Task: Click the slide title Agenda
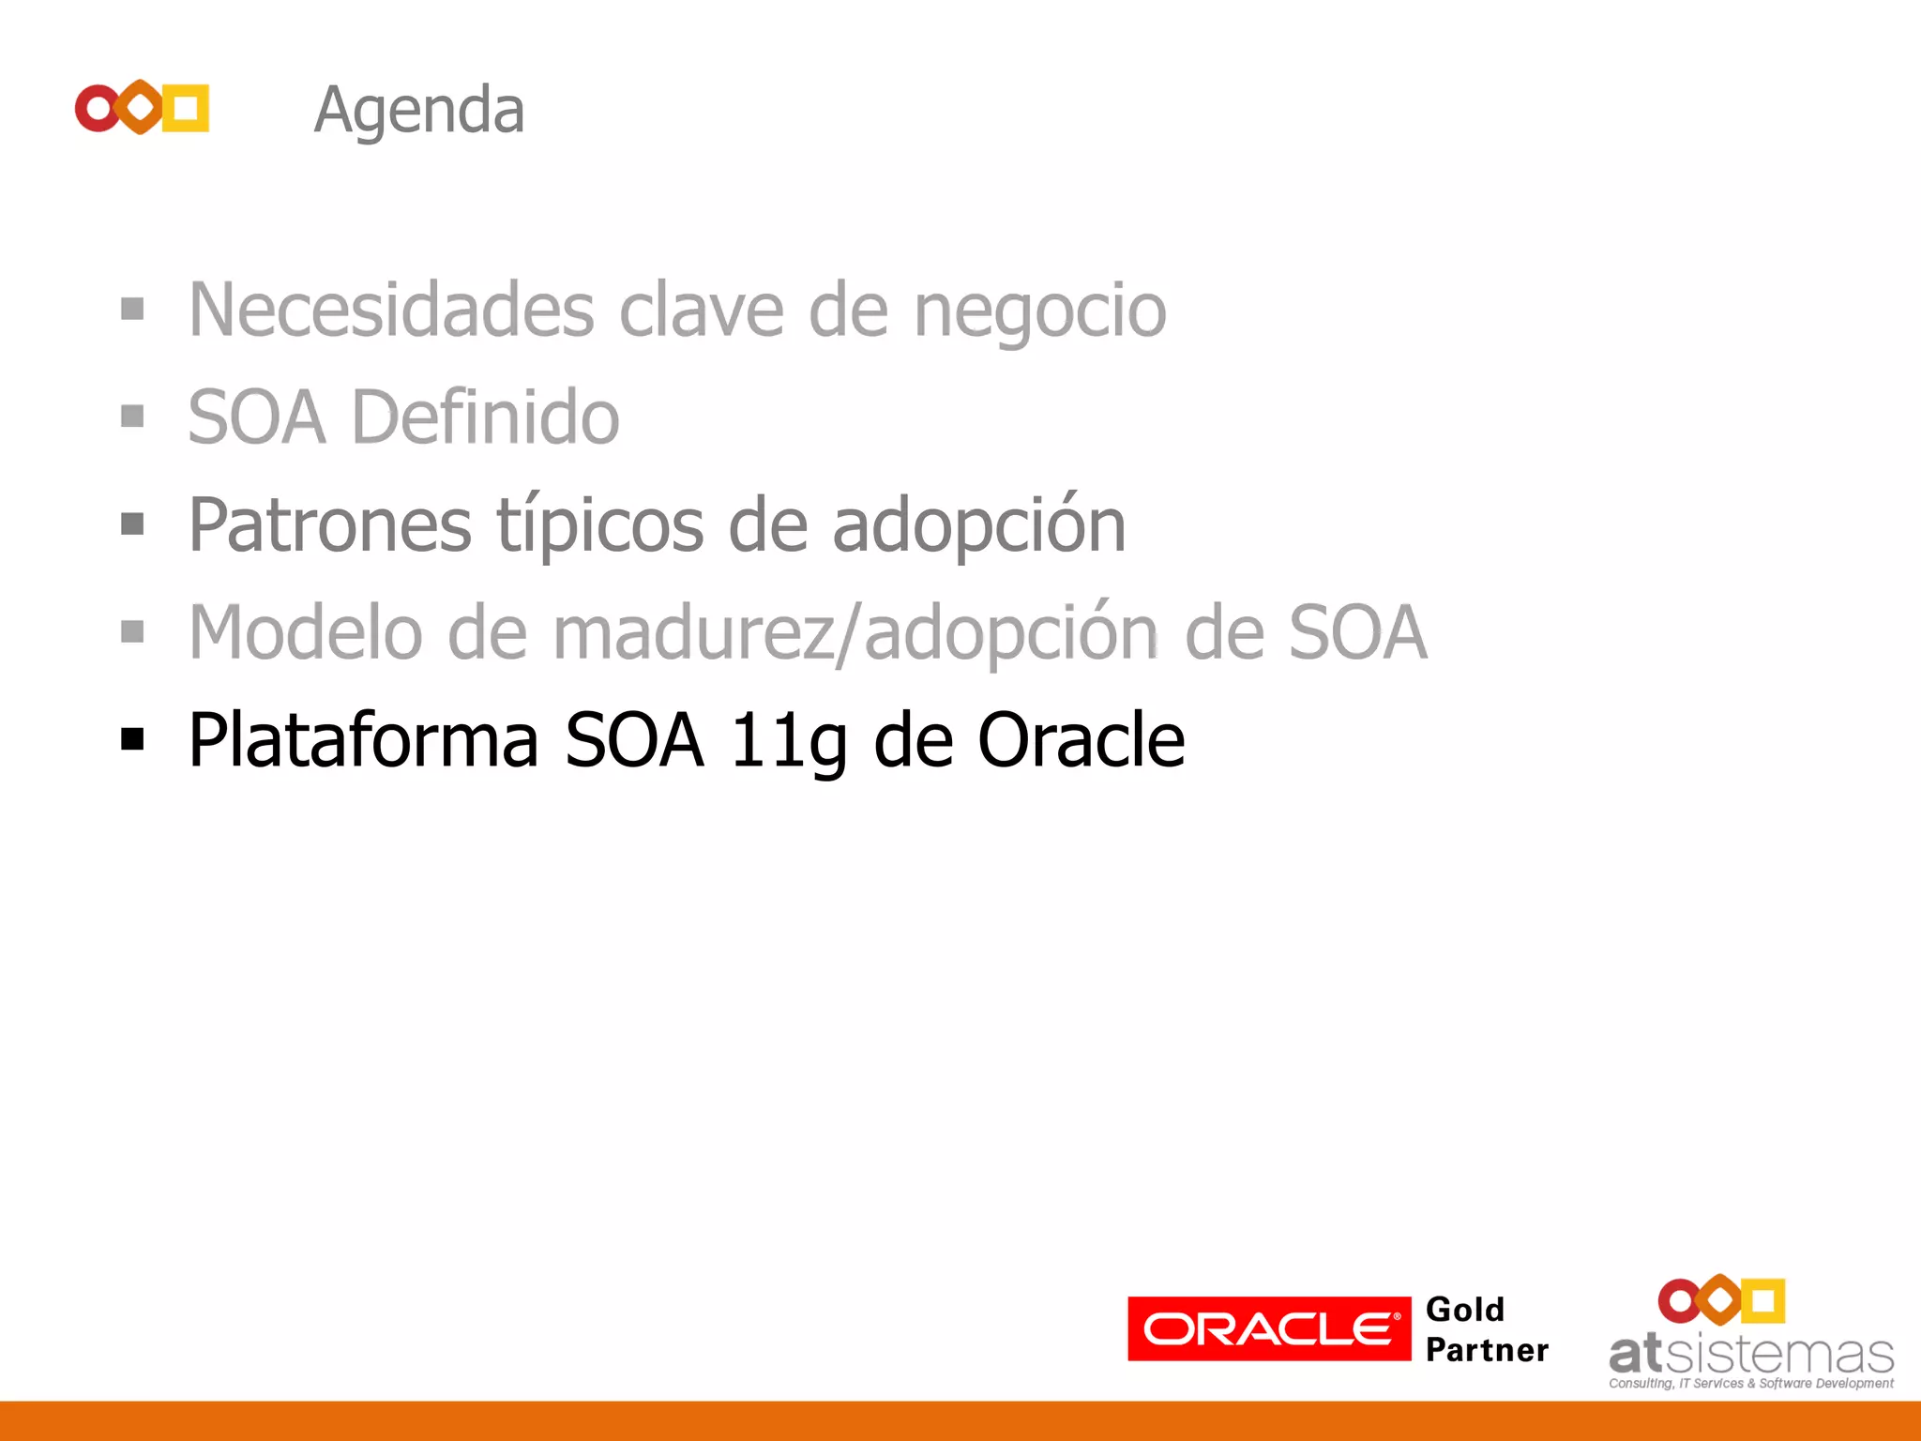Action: (418, 112)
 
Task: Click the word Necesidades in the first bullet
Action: (391, 311)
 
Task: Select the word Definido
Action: (485, 417)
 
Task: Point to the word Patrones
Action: (329, 525)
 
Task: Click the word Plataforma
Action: (363, 741)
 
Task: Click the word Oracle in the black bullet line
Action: (1081, 741)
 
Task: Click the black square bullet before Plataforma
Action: (132, 739)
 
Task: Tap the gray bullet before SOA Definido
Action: (132, 416)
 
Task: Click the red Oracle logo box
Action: (1268, 1328)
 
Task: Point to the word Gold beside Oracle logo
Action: (1464, 1310)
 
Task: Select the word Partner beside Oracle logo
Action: (1487, 1350)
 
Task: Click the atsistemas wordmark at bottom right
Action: (1750, 1355)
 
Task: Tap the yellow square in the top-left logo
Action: (187, 108)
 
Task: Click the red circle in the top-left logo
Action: (97, 108)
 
